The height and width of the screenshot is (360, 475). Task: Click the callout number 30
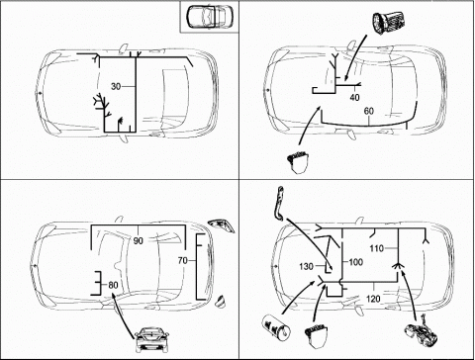click(x=116, y=87)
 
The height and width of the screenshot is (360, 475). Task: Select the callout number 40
click(x=354, y=98)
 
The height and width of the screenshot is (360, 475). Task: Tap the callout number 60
click(x=368, y=111)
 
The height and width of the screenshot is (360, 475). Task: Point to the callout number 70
click(x=182, y=260)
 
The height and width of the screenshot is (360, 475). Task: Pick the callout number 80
click(x=113, y=285)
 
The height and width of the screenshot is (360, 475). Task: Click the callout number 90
click(x=139, y=241)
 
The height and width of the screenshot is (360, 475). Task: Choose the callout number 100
click(x=355, y=262)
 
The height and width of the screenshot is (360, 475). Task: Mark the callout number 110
click(x=377, y=248)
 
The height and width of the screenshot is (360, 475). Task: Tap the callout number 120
click(x=373, y=299)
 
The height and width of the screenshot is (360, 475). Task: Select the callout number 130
click(x=306, y=266)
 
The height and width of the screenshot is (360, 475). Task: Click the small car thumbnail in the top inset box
click(x=210, y=16)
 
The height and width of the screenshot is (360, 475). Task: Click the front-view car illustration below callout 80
click(x=151, y=339)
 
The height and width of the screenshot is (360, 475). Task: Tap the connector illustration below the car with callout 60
click(x=298, y=162)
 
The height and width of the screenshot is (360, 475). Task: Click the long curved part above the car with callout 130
click(x=279, y=203)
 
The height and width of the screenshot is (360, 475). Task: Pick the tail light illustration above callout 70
click(x=222, y=225)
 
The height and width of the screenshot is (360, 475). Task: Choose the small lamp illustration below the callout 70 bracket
click(x=221, y=302)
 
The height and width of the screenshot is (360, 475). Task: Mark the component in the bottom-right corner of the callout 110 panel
click(x=422, y=334)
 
